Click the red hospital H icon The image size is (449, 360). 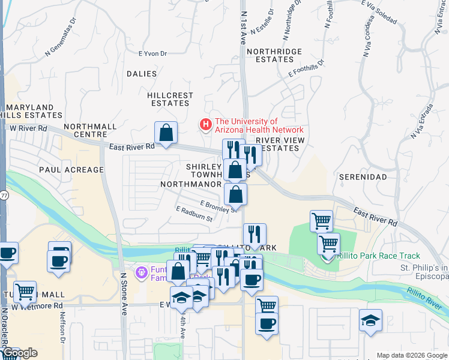pyautogui.click(x=206, y=125)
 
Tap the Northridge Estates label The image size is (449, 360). pyautogui.click(x=278, y=55)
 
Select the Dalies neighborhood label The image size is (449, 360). pyautogui.click(x=142, y=74)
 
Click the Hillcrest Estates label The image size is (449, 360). pyautogui.click(x=170, y=99)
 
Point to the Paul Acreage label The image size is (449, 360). pyautogui.click(x=71, y=170)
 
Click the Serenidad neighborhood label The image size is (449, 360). pyautogui.click(x=362, y=178)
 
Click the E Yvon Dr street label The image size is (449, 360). pyautogui.click(x=152, y=53)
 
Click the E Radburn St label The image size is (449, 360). pyautogui.click(x=194, y=214)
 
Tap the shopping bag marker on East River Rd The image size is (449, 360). pyautogui.click(x=166, y=134)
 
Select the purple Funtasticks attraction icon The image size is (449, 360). pyautogui.click(x=142, y=273)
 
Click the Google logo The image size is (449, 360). pyautogui.click(x=20, y=353)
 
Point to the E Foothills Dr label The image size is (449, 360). pyautogui.click(x=306, y=68)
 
